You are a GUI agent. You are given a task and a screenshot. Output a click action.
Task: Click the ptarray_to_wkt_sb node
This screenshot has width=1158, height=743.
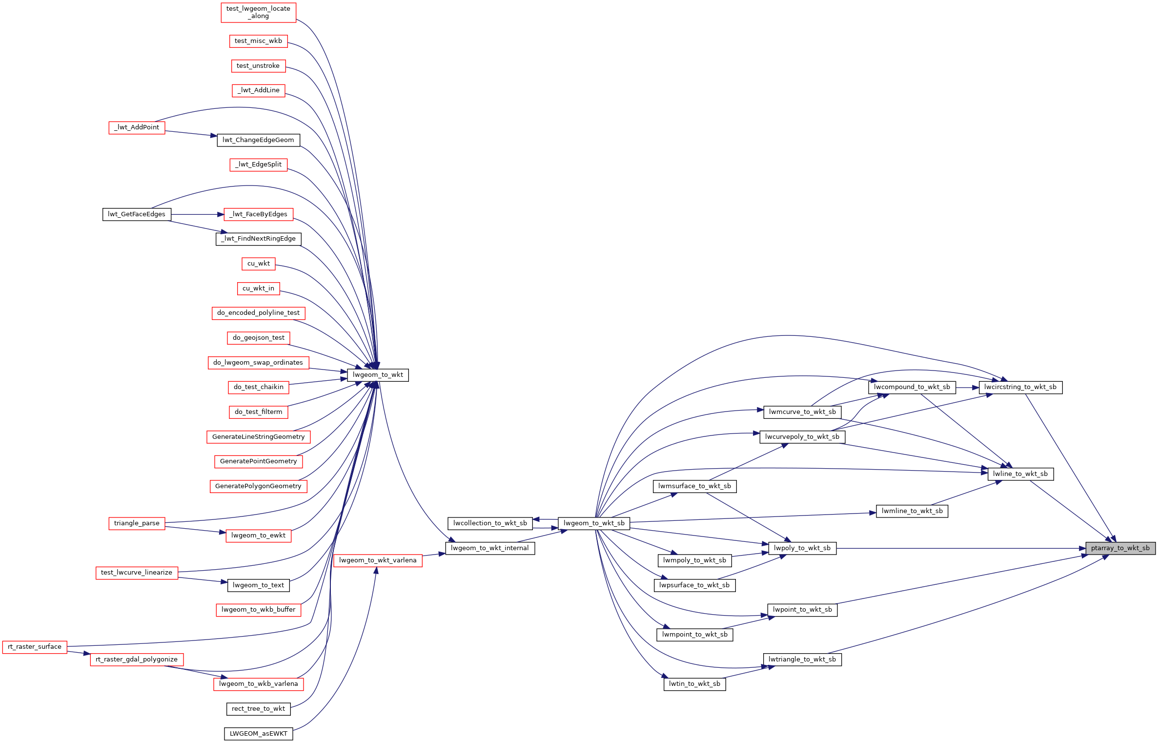(x=1120, y=548)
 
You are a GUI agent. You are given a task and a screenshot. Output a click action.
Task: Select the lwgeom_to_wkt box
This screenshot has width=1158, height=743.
(x=378, y=375)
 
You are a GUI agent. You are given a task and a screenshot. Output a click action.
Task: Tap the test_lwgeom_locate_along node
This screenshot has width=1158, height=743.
(x=258, y=12)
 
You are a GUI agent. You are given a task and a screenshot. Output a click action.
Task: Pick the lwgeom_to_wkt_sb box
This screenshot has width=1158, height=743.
(x=594, y=523)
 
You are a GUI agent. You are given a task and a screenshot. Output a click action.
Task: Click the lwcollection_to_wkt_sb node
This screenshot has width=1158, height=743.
(x=490, y=523)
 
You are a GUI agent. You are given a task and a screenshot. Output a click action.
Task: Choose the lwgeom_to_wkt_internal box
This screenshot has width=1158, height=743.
(x=490, y=548)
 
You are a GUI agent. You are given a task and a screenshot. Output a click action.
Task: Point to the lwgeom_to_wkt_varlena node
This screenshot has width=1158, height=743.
(x=378, y=560)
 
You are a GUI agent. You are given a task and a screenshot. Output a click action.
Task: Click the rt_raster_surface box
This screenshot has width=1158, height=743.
(x=35, y=647)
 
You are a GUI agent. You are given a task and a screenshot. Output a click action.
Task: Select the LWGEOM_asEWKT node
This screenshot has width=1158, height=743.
(x=259, y=734)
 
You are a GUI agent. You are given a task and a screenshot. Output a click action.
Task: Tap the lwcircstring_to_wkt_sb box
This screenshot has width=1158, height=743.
(x=1020, y=387)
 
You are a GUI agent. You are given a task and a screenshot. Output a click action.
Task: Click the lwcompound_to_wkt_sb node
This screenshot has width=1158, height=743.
(x=912, y=387)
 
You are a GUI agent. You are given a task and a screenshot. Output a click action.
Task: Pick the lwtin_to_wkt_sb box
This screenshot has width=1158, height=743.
(x=694, y=684)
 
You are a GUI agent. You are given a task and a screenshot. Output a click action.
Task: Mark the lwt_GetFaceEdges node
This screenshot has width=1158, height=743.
(x=137, y=214)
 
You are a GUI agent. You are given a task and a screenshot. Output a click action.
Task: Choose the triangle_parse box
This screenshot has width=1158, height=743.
(x=137, y=523)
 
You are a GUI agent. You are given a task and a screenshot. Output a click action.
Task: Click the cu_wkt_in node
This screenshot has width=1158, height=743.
(x=258, y=289)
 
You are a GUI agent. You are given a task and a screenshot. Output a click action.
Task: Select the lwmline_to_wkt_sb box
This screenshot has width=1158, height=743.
(x=912, y=511)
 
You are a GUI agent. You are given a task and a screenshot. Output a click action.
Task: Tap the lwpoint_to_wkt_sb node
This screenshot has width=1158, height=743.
(x=802, y=610)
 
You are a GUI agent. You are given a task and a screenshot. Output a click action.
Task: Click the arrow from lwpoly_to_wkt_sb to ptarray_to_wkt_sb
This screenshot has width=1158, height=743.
(x=961, y=548)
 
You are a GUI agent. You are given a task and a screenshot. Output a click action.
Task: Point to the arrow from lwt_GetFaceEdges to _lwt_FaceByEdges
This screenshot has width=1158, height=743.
(x=197, y=214)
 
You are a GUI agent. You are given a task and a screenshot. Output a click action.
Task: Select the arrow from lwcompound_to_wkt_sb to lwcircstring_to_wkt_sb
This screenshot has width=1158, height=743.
(x=967, y=388)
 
